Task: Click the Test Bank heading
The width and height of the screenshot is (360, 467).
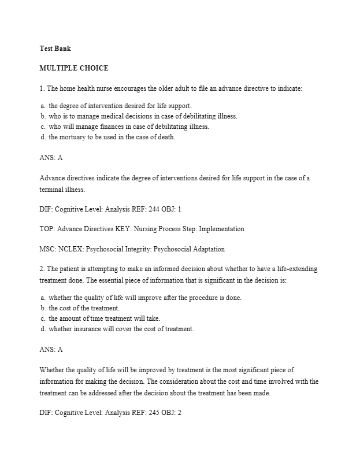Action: pyautogui.click(x=55, y=49)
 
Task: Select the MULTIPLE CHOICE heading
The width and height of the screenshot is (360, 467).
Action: pyautogui.click(x=73, y=68)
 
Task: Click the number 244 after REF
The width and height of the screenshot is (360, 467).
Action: pyautogui.click(x=147, y=209)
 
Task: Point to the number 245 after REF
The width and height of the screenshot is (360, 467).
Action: pyautogui.click(x=148, y=413)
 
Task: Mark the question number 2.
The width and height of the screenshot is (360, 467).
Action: pyautogui.click(x=42, y=269)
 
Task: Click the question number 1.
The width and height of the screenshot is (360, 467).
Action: pyautogui.click(x=42, y=88)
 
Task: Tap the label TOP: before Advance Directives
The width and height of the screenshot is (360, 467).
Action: pyautogui.click(x=47, y=229)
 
